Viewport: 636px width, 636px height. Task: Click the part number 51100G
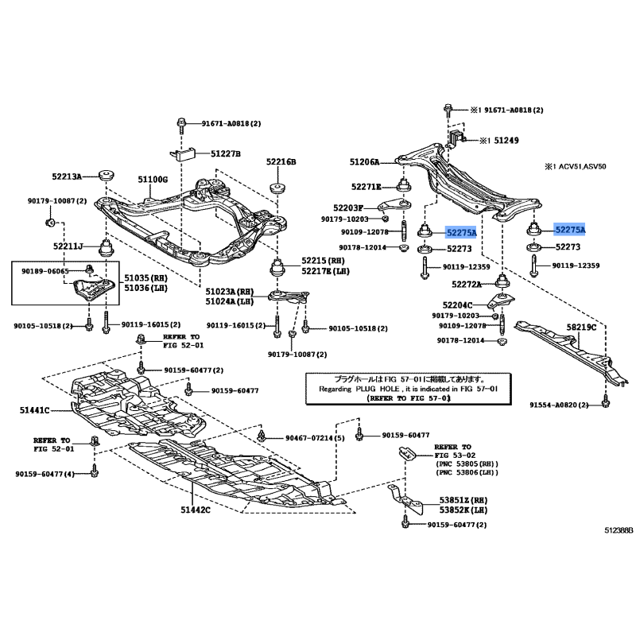tap(153, 180)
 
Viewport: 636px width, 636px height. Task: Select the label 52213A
tap(67, 176)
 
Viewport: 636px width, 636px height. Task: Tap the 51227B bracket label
tap(226, 153)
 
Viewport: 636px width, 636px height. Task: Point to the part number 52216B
tap(281, 162)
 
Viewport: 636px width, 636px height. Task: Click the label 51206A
tap(365, 162)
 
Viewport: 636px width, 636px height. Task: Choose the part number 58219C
tap(582, 327)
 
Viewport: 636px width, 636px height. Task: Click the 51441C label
tap(34, 410)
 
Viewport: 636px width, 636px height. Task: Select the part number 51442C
tap(196, 510)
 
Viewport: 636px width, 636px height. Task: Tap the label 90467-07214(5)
tap(315, 438)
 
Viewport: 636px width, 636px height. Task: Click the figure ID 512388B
tap(619, 530)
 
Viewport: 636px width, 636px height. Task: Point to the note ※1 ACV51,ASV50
tap(575, 166)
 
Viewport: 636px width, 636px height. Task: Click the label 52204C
tap(458, 305)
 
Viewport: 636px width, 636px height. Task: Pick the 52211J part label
tap(68, 246)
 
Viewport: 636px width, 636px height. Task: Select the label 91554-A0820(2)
tap(559, 405)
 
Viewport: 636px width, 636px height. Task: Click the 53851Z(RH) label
tap(463, 500)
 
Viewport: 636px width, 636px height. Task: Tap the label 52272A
tap(467, 285)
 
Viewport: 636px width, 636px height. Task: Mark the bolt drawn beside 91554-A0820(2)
tap(605, 401)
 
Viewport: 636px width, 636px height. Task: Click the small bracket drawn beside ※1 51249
tap(456, 138)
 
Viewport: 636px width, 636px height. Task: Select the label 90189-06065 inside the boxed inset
tap(45, 271)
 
